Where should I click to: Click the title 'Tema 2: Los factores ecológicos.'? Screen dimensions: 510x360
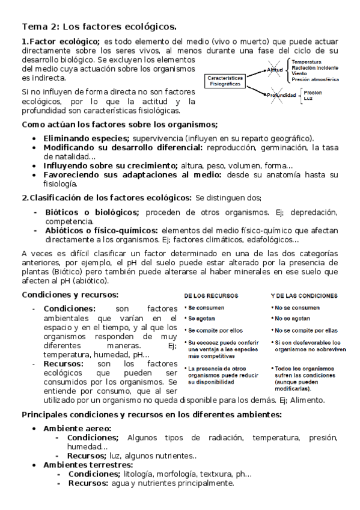(99, 26)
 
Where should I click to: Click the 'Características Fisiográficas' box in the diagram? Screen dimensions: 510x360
(225, 81)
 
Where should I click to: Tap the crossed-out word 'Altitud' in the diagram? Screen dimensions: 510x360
(275, 70)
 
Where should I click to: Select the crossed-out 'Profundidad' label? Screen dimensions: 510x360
(282, 95)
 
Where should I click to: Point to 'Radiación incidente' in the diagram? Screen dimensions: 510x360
(315, 67)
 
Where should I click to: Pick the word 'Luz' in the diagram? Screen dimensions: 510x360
(309, 99)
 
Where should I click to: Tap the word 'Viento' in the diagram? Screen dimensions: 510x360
(300, 73)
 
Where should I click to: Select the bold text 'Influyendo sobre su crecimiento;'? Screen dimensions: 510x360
(111, 165)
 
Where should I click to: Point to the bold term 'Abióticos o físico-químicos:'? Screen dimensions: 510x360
(100, 230)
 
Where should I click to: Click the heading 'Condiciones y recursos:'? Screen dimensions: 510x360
(70, 295)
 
